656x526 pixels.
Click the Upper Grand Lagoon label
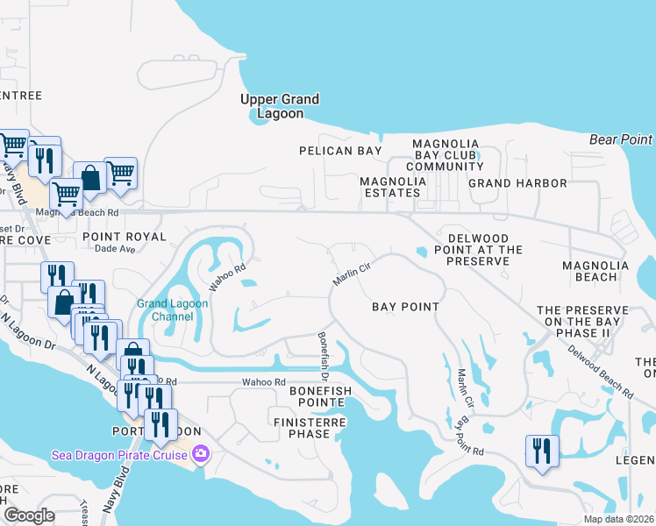280,106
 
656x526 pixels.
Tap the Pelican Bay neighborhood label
340,151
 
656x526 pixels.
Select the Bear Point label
621,139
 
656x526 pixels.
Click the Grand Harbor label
517,183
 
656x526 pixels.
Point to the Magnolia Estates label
393,188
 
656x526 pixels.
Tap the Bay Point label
405,307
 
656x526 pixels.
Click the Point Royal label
124,237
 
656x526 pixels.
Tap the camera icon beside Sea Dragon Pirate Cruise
201,453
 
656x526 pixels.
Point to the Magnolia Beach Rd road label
76,212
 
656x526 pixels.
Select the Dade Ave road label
116,249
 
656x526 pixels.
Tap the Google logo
29,515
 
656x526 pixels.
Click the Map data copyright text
617,519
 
